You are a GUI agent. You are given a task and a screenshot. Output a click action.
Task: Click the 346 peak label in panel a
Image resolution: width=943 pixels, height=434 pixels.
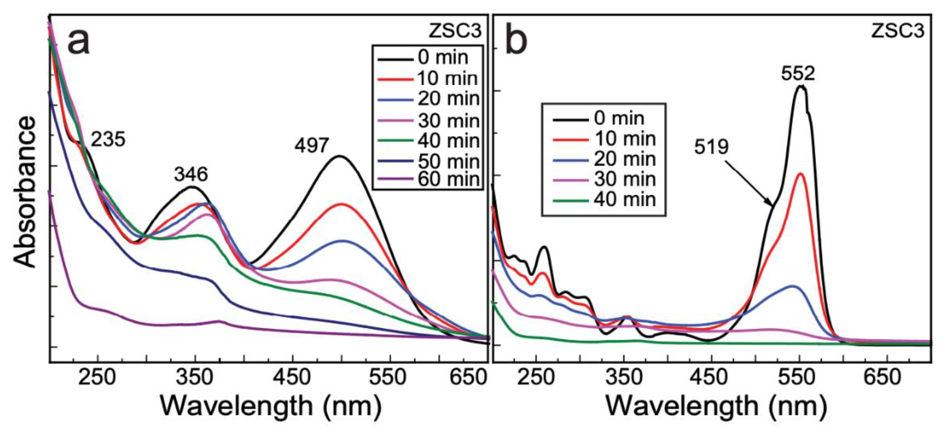click(191, 174)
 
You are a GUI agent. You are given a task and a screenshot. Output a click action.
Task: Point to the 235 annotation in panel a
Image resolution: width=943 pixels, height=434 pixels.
click(108, 139)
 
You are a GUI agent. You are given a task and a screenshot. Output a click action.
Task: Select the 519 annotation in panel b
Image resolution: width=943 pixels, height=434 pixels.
click(711, 147)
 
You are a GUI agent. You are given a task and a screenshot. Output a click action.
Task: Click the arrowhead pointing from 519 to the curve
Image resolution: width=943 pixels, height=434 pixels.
click(771, 204)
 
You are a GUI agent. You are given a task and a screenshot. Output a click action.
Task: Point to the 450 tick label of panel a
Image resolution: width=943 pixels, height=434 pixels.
click(292, 377)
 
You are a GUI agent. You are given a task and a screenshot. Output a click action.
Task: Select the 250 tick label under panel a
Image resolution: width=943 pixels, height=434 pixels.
click(97, 377)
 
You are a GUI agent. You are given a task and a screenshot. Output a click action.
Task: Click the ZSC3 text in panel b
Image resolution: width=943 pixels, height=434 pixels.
click(897, 31)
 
